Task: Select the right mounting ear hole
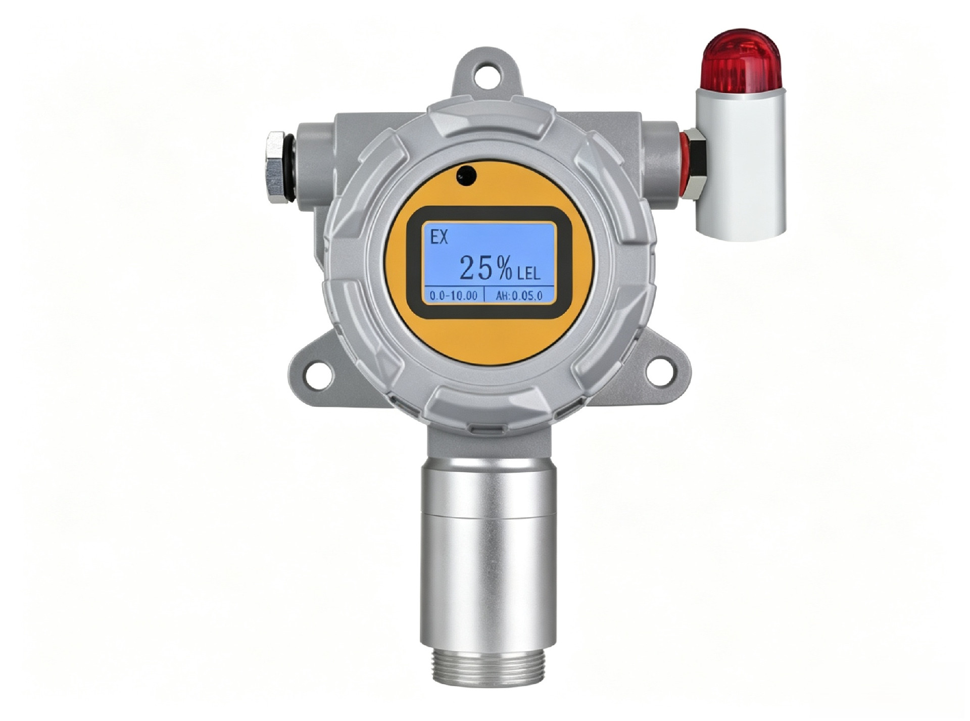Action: (x=660, y=372)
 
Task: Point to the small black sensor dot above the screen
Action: (x=466, y=175)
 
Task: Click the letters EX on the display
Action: (x=439, y=237)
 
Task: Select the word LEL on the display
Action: (x=529, y=274)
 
